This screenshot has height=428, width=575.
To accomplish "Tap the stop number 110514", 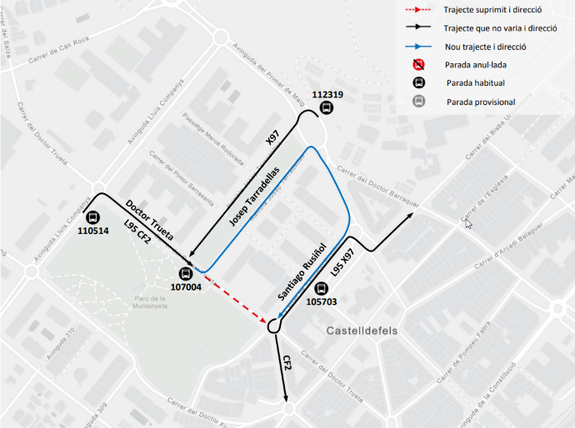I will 92,231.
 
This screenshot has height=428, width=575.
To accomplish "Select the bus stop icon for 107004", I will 186,274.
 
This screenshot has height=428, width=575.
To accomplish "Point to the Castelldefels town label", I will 362,331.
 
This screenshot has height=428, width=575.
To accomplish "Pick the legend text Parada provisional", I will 480,102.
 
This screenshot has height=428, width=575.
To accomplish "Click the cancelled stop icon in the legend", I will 419,64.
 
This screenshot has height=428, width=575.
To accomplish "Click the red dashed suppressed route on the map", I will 238,296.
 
